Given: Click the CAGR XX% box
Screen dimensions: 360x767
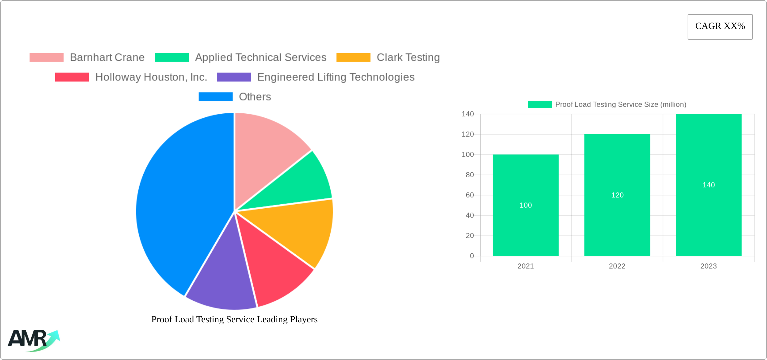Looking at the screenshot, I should (x=720, y=27).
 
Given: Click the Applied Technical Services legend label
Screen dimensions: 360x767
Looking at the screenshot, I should (x=261, y=58).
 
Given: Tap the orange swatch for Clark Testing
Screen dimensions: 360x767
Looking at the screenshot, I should (x=353, y=58).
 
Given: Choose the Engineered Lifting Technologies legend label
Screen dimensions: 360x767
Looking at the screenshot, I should (x=336, y=77).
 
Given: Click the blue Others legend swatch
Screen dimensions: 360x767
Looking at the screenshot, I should (x=216, y=97).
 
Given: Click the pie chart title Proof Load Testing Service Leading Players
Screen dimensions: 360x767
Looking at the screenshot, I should (x=234, y=319).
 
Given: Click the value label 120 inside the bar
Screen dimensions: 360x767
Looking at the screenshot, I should (x=617, y=195).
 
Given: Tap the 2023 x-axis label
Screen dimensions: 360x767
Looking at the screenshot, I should (x=708, y=266).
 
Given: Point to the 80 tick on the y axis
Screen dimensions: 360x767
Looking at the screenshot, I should (x=470, y=175).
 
